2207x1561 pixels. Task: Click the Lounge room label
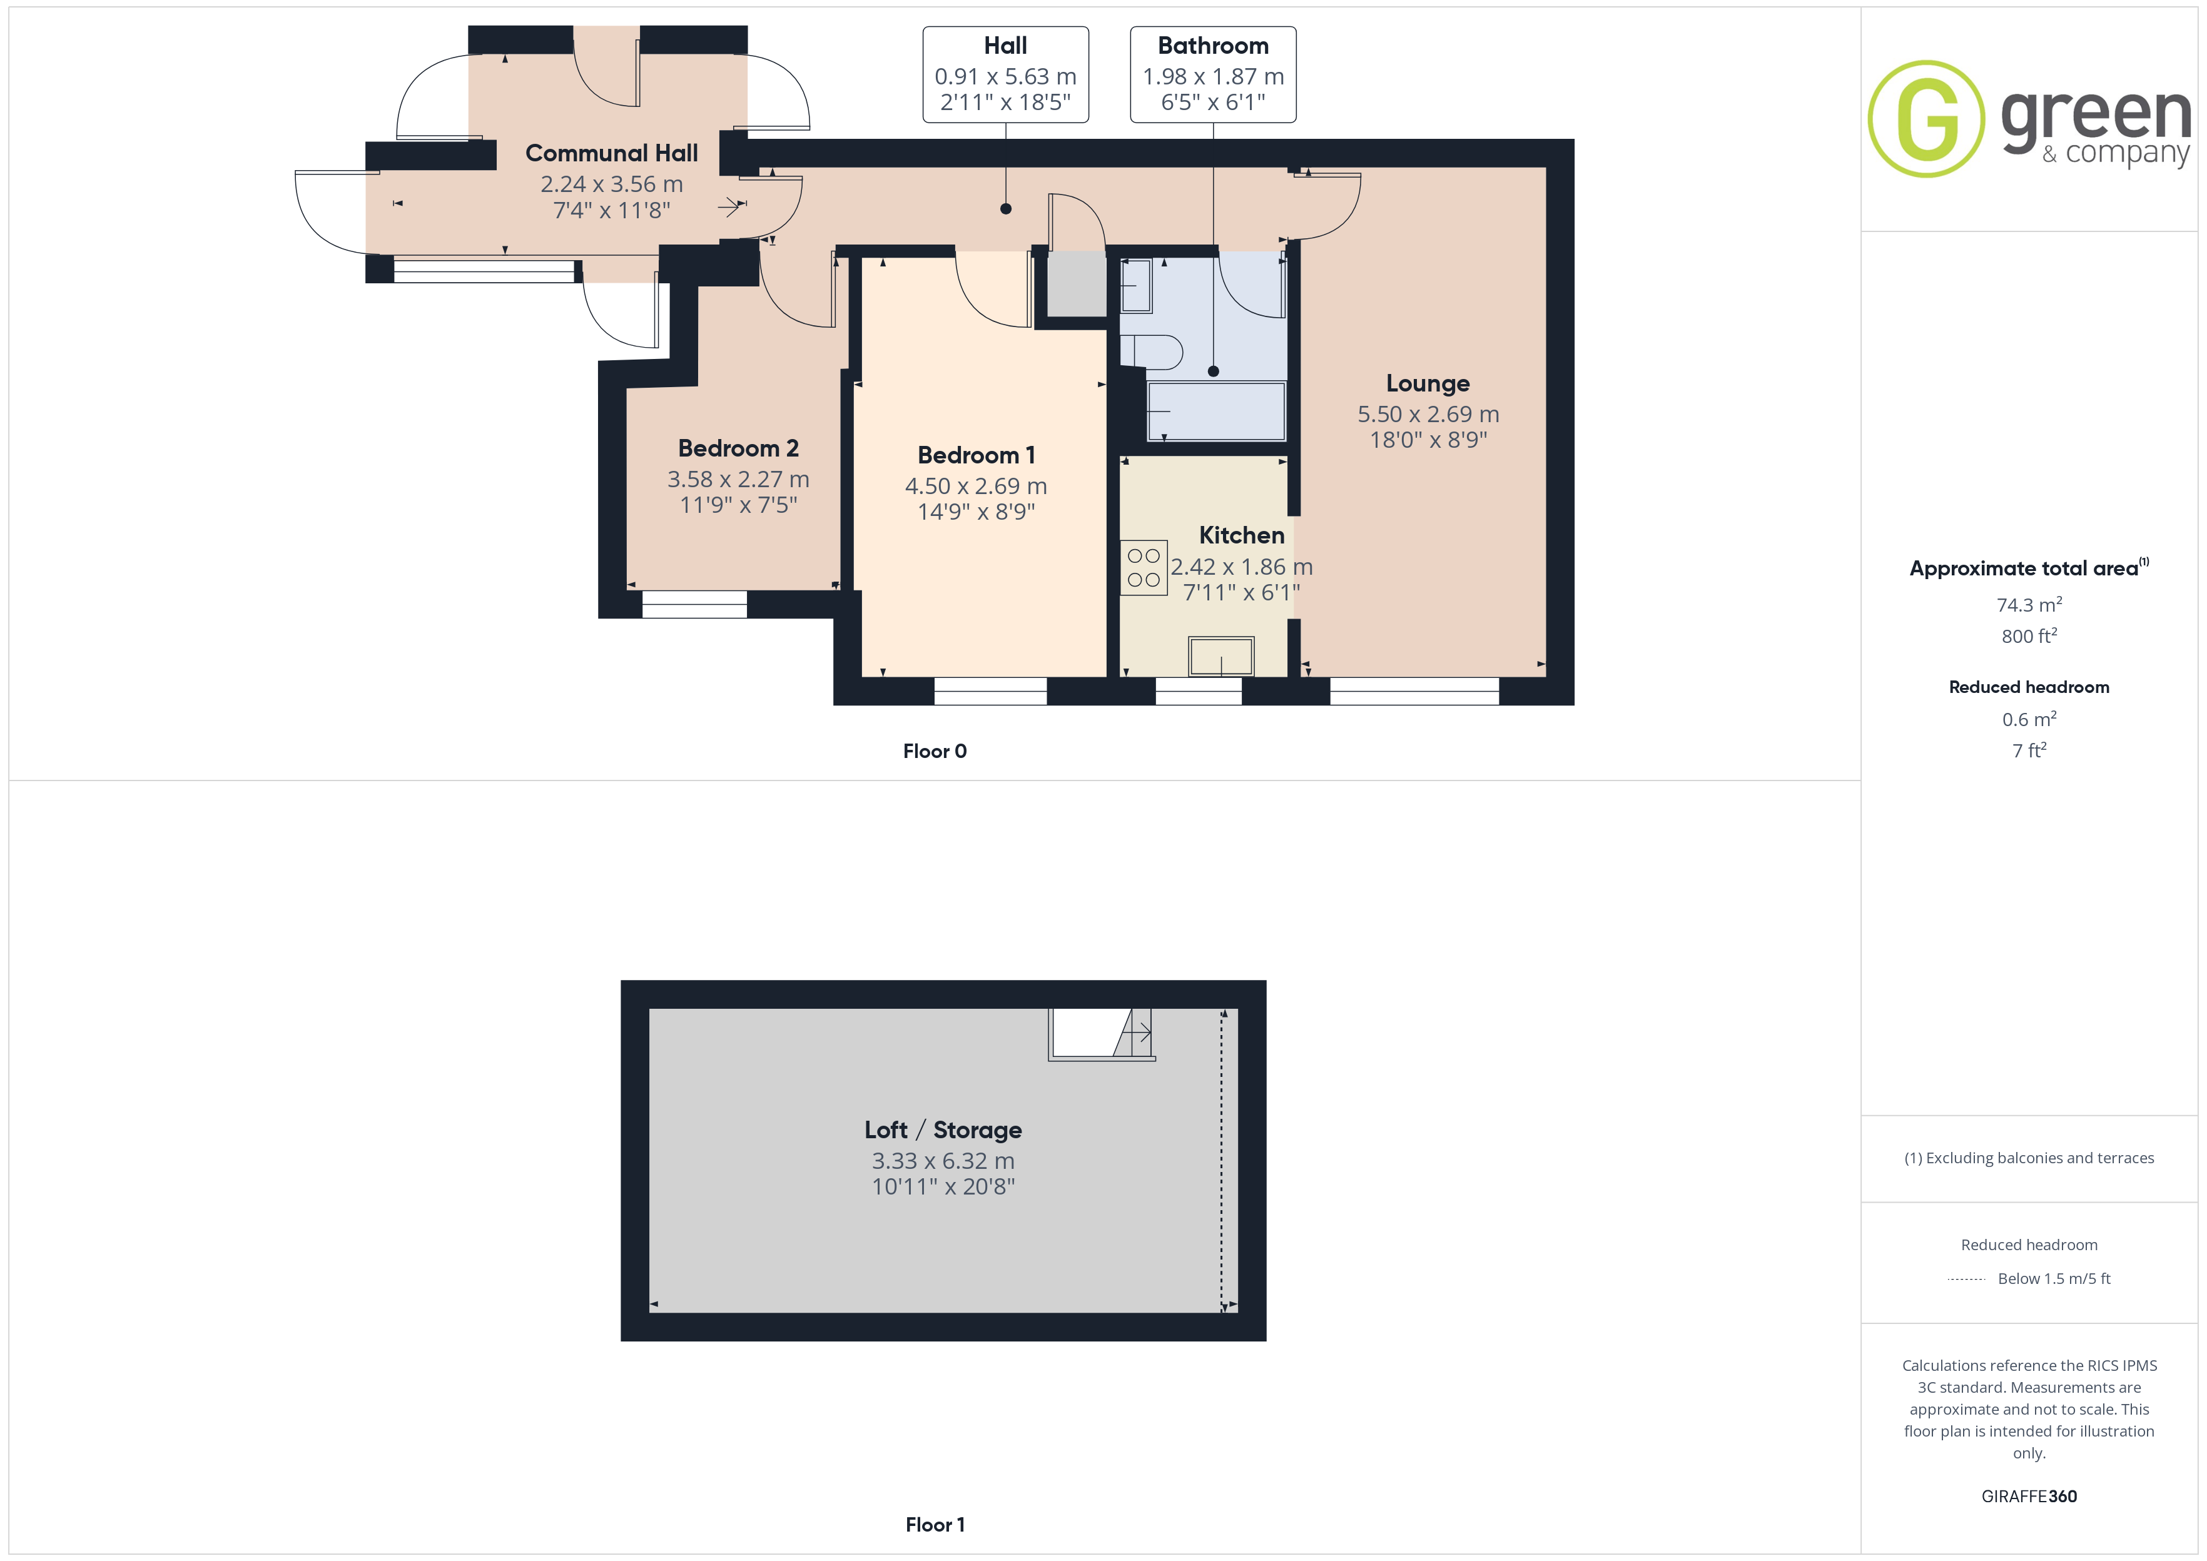1428,383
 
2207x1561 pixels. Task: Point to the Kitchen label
1241,535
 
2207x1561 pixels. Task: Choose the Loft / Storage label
943,1129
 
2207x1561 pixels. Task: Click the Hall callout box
1005,74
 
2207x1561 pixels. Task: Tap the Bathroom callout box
1213,74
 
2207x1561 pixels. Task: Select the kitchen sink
1220,657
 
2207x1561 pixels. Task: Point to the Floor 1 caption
935,1525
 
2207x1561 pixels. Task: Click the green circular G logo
1926,119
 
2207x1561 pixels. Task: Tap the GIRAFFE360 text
2029,1495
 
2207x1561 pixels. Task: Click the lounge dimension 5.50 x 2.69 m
1428,414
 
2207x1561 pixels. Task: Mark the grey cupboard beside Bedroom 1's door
1077,283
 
